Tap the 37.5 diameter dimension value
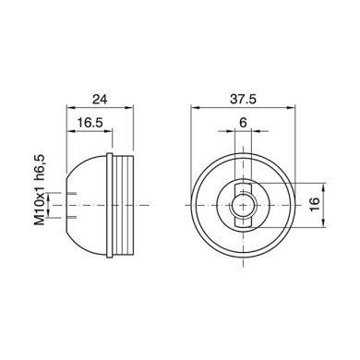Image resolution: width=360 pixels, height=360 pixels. tap(244, 97)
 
